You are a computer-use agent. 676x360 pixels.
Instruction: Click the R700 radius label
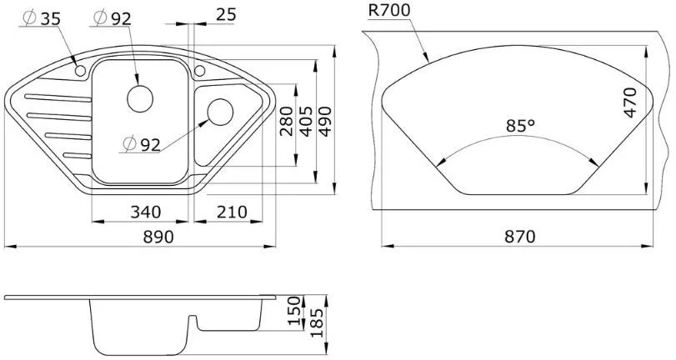pos(389,10)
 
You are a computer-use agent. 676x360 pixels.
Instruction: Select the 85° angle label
pos(520,126)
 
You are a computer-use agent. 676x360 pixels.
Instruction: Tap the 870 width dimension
pos(520,237)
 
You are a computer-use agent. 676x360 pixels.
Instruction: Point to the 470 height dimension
pos(630,102)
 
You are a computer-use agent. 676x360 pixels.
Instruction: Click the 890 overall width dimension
pos(158,237)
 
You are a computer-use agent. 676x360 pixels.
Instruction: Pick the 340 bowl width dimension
pos(145,212)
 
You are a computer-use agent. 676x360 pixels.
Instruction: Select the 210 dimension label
pos(232,212)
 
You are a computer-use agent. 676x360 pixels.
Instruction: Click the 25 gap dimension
pos(227,15)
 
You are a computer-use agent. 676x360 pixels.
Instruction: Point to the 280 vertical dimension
pos(286,121)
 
